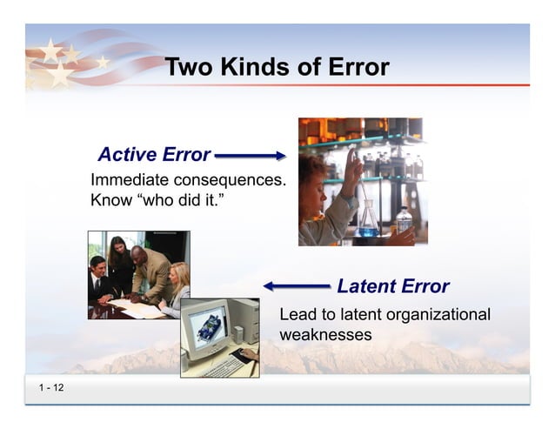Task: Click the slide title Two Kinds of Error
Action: click(277, 67)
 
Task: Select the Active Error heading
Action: click(154, 155)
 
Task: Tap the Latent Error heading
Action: click(392, 286)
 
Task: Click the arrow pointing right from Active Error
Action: click(250, 156)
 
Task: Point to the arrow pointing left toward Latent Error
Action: click(297, 285)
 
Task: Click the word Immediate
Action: click(130, 181)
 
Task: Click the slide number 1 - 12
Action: click(50, 387)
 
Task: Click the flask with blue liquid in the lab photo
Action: click(368, 221)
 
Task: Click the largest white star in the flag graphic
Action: click(59, 74)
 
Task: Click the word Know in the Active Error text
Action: click(108, 201)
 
